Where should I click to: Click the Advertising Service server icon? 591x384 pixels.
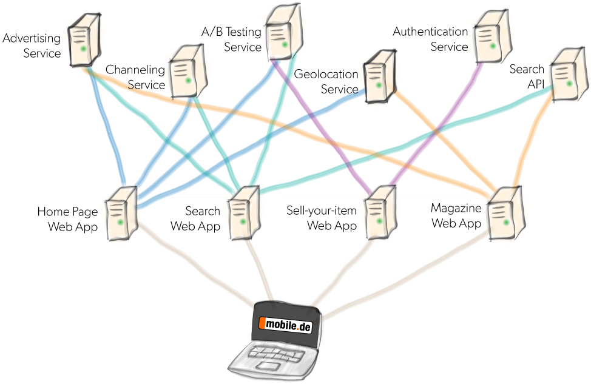(x=84, y=40)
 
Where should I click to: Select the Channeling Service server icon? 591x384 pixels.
(x=188, y=71)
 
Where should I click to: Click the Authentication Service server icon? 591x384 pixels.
(x=493, y=37)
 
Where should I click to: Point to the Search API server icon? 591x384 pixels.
(x=569, y=75)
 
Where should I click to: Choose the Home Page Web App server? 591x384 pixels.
(x=121, y=214)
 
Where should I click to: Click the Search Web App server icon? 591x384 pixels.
(x=244, y=213)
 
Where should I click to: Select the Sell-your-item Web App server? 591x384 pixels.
(x=380, y=212)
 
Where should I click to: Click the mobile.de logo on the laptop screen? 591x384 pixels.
(x=285, y=325)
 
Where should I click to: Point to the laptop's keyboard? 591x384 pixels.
(x=277, y=354)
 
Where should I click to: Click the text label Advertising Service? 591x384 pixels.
(x=32, y=45)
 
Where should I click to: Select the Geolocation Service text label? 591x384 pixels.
(x=326, y=81)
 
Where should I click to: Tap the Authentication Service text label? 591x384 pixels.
(x=430, y=39)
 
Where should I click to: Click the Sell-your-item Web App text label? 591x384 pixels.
(x=322, y=218)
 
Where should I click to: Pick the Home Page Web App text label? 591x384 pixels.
(x=67, y=219)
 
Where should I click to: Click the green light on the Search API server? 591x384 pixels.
(x=570, y=83)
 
